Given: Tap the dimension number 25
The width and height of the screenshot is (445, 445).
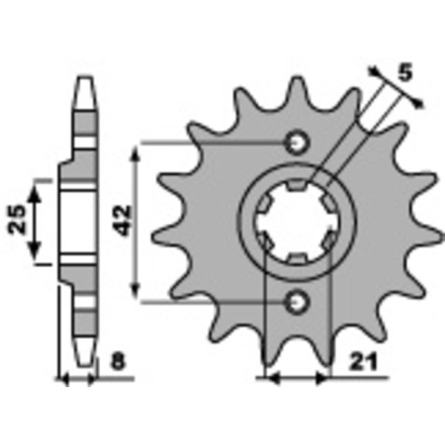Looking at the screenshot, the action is [x=17, y=220].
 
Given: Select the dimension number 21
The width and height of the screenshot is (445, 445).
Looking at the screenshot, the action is [x=363, y=363].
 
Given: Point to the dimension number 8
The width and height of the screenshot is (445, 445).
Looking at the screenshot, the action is [x=118, y=362].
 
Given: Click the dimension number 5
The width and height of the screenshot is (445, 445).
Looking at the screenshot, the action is [x=405, y=73].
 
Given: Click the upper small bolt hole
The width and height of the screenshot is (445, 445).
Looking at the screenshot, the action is [x=297, y=143].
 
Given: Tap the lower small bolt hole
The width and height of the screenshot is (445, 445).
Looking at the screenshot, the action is [x=297, y=303].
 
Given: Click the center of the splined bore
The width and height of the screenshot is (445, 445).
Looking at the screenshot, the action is [x=297, y=222].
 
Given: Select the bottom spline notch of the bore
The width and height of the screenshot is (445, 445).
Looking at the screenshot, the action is [x=297, y=259].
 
